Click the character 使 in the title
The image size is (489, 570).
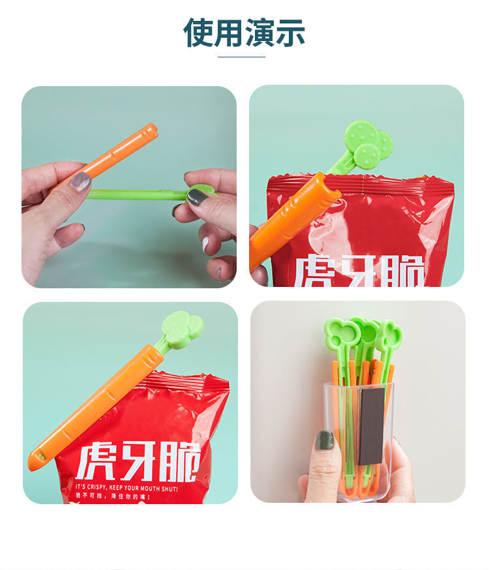coord(198,33)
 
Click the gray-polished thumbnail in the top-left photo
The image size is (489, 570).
coord(80,181)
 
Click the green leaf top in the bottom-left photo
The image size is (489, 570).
coord(181,329)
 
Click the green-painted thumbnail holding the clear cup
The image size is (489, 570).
coord(325,440)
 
